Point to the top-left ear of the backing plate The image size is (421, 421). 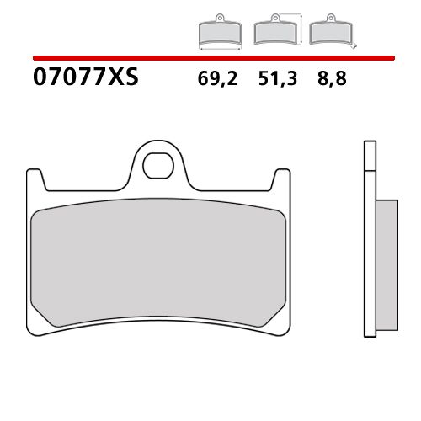tap(35, 179)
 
